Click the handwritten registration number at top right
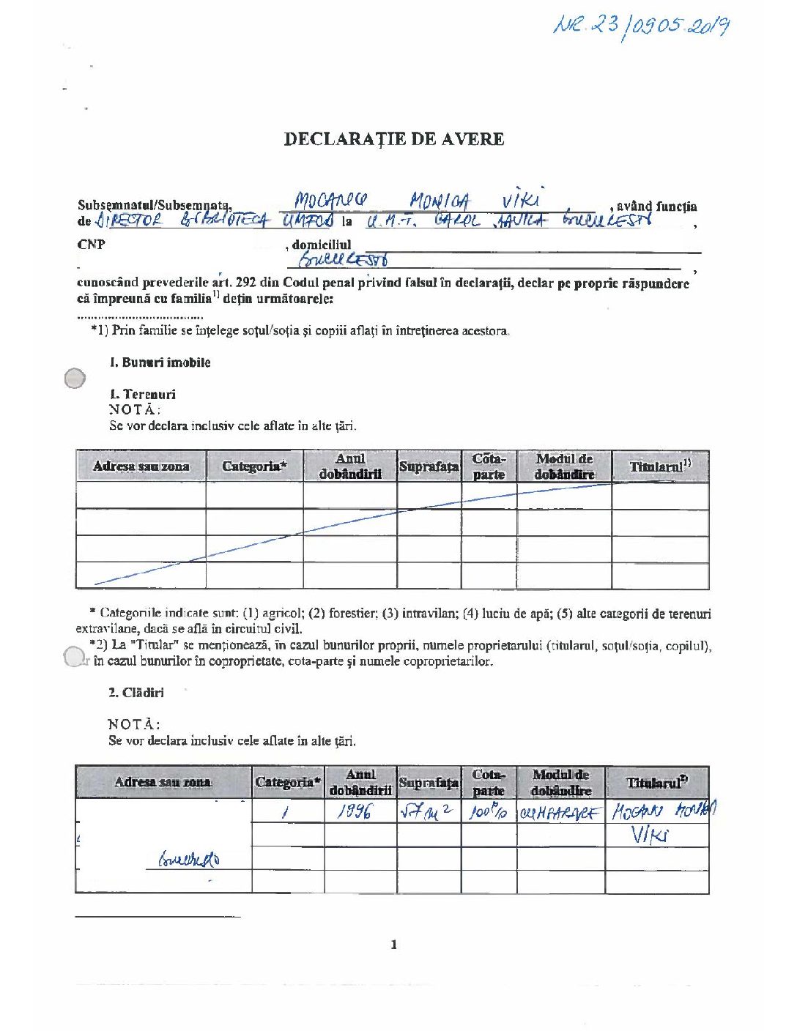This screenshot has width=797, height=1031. point(641,28)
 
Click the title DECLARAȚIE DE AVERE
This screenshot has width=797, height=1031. point(394,139)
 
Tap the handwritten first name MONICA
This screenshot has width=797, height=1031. point(440,201)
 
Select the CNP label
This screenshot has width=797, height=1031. point(91,245)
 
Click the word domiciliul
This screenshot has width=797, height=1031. point(322,245)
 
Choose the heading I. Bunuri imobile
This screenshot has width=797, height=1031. point(160,362)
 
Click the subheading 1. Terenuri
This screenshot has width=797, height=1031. point(143,394)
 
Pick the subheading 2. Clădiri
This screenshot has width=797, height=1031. point(136,693)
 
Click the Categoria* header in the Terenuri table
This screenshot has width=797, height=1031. point(254,466)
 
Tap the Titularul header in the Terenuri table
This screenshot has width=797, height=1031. point(660,466)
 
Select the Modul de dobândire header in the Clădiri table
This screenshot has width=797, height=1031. point(560,783)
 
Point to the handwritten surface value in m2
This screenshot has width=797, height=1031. point(427,811)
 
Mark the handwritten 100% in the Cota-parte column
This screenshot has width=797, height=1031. point(489,812)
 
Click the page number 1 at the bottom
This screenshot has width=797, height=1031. point(394,945)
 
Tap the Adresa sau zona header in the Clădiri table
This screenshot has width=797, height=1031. point(163,782)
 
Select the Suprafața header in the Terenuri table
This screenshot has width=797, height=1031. point(429,466)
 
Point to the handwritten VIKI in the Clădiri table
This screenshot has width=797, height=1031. point(650,835)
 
